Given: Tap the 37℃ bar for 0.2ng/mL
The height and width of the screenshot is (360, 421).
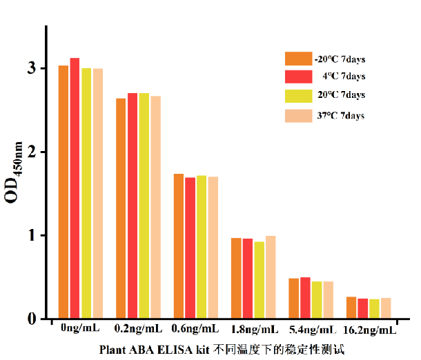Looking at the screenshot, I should (155, 207).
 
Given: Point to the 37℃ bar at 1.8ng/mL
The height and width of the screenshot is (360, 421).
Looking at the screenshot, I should (271, 277).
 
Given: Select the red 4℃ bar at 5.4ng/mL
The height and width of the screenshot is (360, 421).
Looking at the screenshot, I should (305, 297).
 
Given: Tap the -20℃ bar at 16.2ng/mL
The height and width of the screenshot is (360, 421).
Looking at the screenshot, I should (351, 308).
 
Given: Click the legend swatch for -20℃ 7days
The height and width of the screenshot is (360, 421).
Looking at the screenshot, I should (299, 59).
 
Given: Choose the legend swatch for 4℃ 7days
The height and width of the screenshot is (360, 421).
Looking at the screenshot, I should (299, 76).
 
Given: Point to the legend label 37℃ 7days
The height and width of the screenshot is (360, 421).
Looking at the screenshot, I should (341, 115).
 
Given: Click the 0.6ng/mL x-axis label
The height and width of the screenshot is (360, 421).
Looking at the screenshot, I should (197, 329).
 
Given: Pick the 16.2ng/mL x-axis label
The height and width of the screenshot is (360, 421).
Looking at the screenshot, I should (369, 330).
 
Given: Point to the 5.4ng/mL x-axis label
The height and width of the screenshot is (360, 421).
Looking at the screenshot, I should (312, 330).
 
